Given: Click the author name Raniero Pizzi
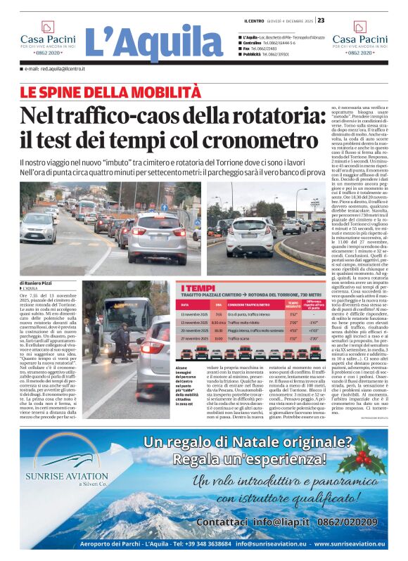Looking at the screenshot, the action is pyautogui.click(x=37, y=283).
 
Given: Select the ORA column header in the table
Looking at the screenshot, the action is pyautogui.click(x=218, y=304).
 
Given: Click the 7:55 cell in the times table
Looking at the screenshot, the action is pyautogui.click(x=218, y=314).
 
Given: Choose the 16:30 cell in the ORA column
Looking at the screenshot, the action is pyautogui.click(x=218, y=330).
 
